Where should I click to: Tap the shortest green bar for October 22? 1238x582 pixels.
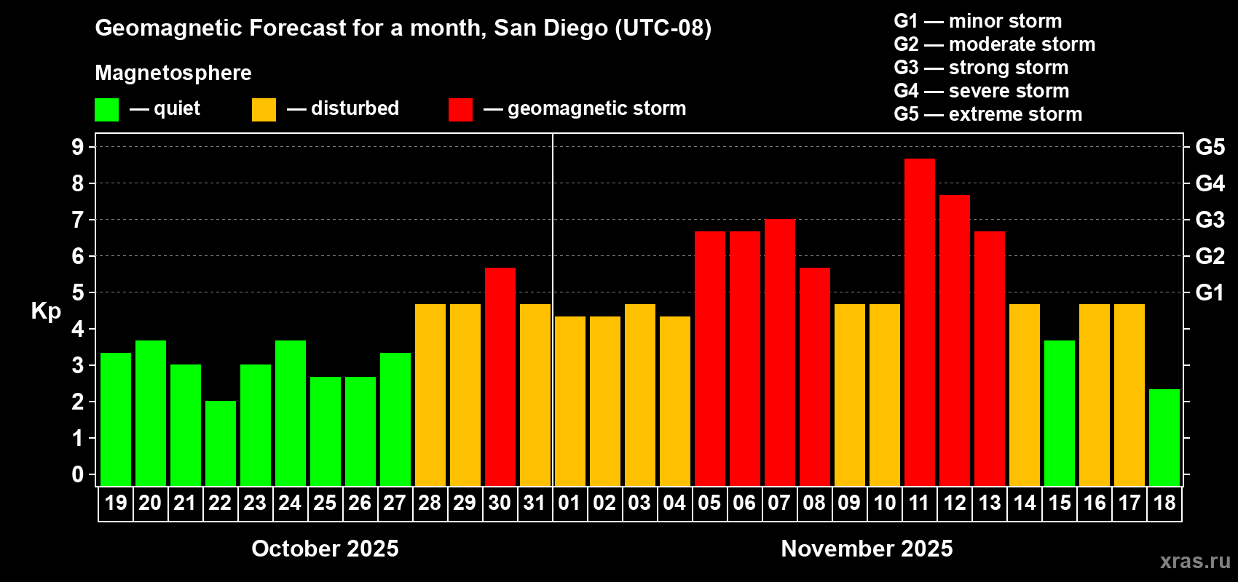click(x=220, y=443)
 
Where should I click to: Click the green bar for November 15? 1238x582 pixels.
click(x=1059, y=412)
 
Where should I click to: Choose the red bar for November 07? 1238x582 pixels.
click(x=779, y=352)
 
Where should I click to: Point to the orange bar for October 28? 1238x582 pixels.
click(x=430, y=394)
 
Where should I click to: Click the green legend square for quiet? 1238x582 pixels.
click(x=106, y=110)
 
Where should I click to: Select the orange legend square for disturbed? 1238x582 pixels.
click(x=264, y=110)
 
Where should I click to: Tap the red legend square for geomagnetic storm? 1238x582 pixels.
click(x=460, y=110)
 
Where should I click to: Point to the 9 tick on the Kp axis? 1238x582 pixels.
click(x=78, y=147)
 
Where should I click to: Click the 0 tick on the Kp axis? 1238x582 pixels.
click(x=78, y=474)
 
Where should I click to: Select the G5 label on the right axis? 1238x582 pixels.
click(x=1210, y=147)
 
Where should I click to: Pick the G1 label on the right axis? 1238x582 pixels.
click(x=1210, y=292)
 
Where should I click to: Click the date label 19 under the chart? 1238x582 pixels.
click(x=116, y=503)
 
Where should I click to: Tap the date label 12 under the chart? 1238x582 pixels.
click(x=954, y=503)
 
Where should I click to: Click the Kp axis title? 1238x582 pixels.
click(x=46, y=311)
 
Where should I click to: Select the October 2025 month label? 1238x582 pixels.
click(x=325, y=549)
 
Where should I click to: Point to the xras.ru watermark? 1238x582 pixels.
click(x=1194, y=561)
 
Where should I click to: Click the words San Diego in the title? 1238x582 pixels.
click(x=551, y=28)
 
